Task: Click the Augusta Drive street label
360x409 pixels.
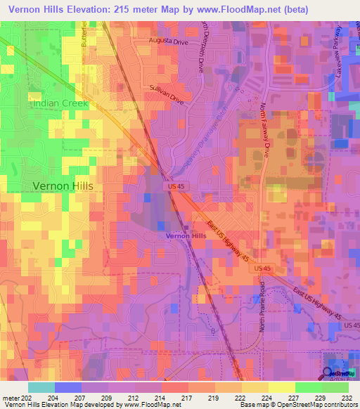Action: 168,41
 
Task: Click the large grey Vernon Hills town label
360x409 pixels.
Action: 63,186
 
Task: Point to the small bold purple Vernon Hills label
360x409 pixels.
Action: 186,236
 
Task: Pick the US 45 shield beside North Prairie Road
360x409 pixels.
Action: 263,269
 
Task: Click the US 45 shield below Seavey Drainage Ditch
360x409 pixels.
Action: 176,186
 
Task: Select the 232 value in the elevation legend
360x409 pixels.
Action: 345,398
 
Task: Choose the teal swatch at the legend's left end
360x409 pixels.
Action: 41,387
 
